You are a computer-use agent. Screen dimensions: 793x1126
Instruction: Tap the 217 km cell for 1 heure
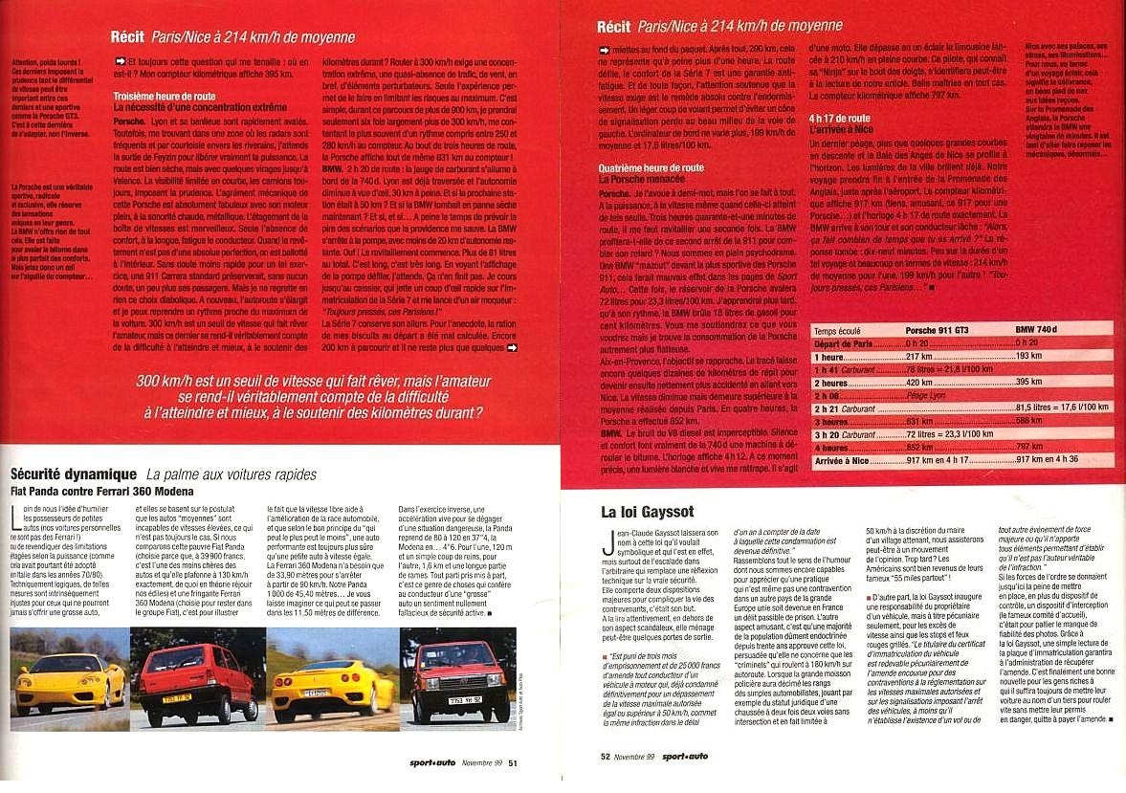coord(919,355)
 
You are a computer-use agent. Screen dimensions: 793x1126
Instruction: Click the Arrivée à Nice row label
coord(842,459)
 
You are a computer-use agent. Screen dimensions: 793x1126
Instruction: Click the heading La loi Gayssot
coord(638,511)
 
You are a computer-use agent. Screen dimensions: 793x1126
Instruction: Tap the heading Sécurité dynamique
coord(74,474)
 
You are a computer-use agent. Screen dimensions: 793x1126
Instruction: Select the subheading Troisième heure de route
coord(167,97)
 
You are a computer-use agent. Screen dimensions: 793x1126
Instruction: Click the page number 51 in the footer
coord(513,762)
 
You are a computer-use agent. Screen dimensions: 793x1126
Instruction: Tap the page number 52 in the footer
coord(606,756)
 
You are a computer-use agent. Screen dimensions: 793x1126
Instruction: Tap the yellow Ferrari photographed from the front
coord(69,680)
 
